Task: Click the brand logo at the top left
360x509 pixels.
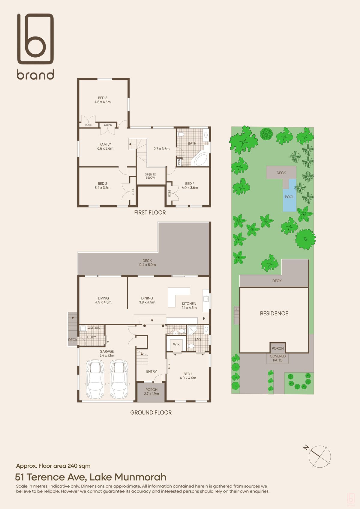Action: [35, 46]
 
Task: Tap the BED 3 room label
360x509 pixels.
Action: [103, 98]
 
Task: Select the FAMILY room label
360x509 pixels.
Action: [105, 144]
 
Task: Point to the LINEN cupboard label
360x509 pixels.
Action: [179, 162]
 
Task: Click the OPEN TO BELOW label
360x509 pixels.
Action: [150, 176]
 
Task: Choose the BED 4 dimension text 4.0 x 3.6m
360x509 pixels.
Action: [190, 188]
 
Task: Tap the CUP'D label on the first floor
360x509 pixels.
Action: [108, 125]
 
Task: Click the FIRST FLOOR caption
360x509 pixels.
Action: [150, 213]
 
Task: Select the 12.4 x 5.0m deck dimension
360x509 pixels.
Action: [147, 265]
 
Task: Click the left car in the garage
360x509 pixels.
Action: [95, 379]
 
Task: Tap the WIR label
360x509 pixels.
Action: [176, 344]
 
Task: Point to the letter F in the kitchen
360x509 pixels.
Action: [204, 319]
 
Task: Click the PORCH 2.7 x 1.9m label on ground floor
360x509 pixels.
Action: [151, 392]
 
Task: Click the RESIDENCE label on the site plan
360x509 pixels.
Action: [274, 314]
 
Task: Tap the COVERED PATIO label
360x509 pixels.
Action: [278, 358]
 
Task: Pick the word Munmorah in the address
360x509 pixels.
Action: [140, 477]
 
